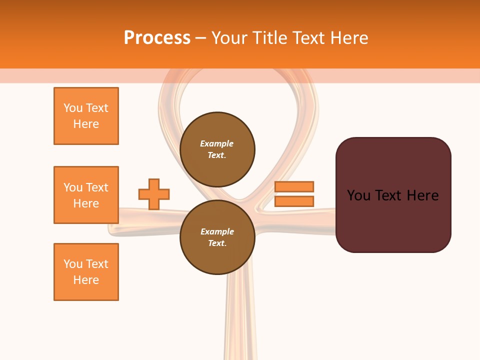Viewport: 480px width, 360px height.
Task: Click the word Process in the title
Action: coord(157,38)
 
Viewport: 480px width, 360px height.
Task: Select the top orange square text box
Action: coord(86,116)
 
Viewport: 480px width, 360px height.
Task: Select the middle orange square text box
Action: coord(86,195)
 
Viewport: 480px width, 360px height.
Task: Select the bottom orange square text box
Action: coord(86,272)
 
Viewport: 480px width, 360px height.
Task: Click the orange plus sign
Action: coord(154,194)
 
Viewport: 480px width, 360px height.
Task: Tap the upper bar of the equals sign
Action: coord(294,186)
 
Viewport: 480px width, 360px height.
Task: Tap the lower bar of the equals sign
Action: coord(294,201)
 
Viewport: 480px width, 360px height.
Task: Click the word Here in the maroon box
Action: coord(422,195)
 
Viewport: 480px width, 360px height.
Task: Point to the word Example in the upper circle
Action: coord(217,143)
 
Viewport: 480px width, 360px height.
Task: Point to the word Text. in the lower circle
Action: coord(217,243)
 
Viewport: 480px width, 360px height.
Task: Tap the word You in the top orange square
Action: coord(72,108)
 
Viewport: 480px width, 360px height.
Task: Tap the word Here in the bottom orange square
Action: coord(86,280)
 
